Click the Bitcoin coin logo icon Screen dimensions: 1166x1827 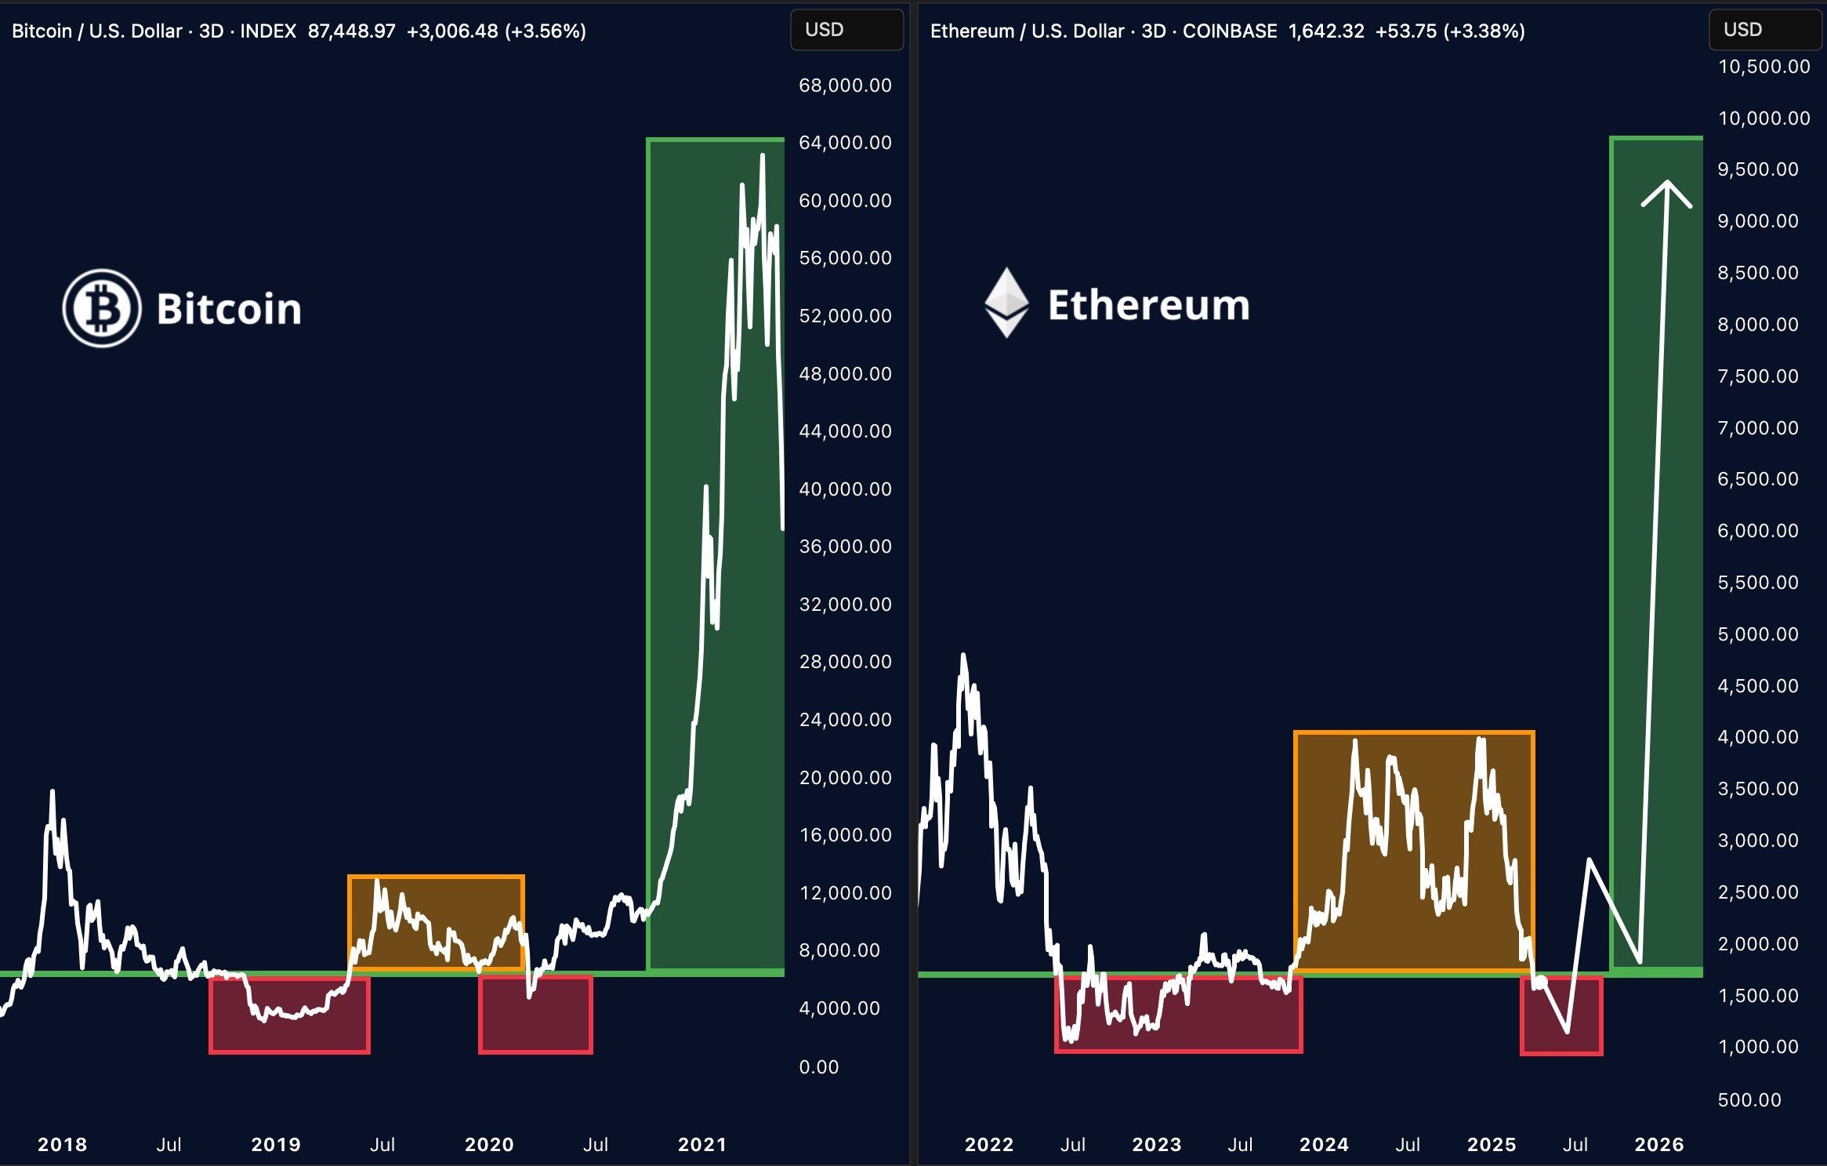click(x=102, y=308)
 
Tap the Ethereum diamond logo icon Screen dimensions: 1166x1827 click(x=1006, y=303)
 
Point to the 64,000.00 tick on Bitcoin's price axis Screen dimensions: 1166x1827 click(x=845, y=143)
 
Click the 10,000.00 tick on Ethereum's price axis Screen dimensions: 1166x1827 click(x=1764, y=118)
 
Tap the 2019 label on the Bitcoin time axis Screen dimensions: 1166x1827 click(x=276, y=1145)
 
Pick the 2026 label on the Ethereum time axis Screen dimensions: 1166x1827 click(x=1659, y=1145)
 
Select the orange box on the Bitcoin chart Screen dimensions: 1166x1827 click(x=436, y=922)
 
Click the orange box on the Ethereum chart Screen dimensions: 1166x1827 click(x=1414, y=852)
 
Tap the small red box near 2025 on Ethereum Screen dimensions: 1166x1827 click(x=1561, y=1015)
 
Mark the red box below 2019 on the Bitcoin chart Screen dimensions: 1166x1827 click(x=289, y=1015)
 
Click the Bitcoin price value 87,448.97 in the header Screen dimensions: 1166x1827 click(x=351, y=31)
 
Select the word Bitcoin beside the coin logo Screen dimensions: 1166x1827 click(x=229, y=309)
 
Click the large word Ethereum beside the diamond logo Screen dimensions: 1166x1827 click(x=1148, y=305)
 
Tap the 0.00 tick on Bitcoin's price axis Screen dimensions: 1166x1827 click(x=818, y=1067)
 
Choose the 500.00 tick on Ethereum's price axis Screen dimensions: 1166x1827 click(x=1749, y=1100)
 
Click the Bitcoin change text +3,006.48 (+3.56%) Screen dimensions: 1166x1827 click(x=496, y=31)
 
